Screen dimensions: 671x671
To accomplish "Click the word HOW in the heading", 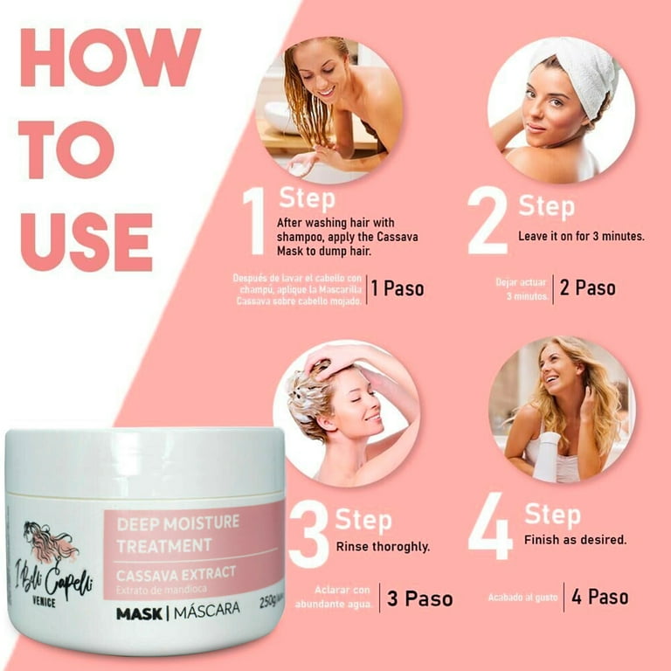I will pos(110,59).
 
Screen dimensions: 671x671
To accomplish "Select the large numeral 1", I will pos(253,221).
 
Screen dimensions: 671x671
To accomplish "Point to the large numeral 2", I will pos(488,221).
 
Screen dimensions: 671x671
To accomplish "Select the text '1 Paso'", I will pos(398,288).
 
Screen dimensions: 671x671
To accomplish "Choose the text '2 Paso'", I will pos(587,288).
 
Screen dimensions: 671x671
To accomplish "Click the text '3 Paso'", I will pos(420,598).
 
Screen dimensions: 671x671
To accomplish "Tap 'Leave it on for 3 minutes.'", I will pos(582,237).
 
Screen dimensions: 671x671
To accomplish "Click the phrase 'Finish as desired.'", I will pos(575,540).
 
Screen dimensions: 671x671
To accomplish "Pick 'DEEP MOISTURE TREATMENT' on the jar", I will pos(166,535).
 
